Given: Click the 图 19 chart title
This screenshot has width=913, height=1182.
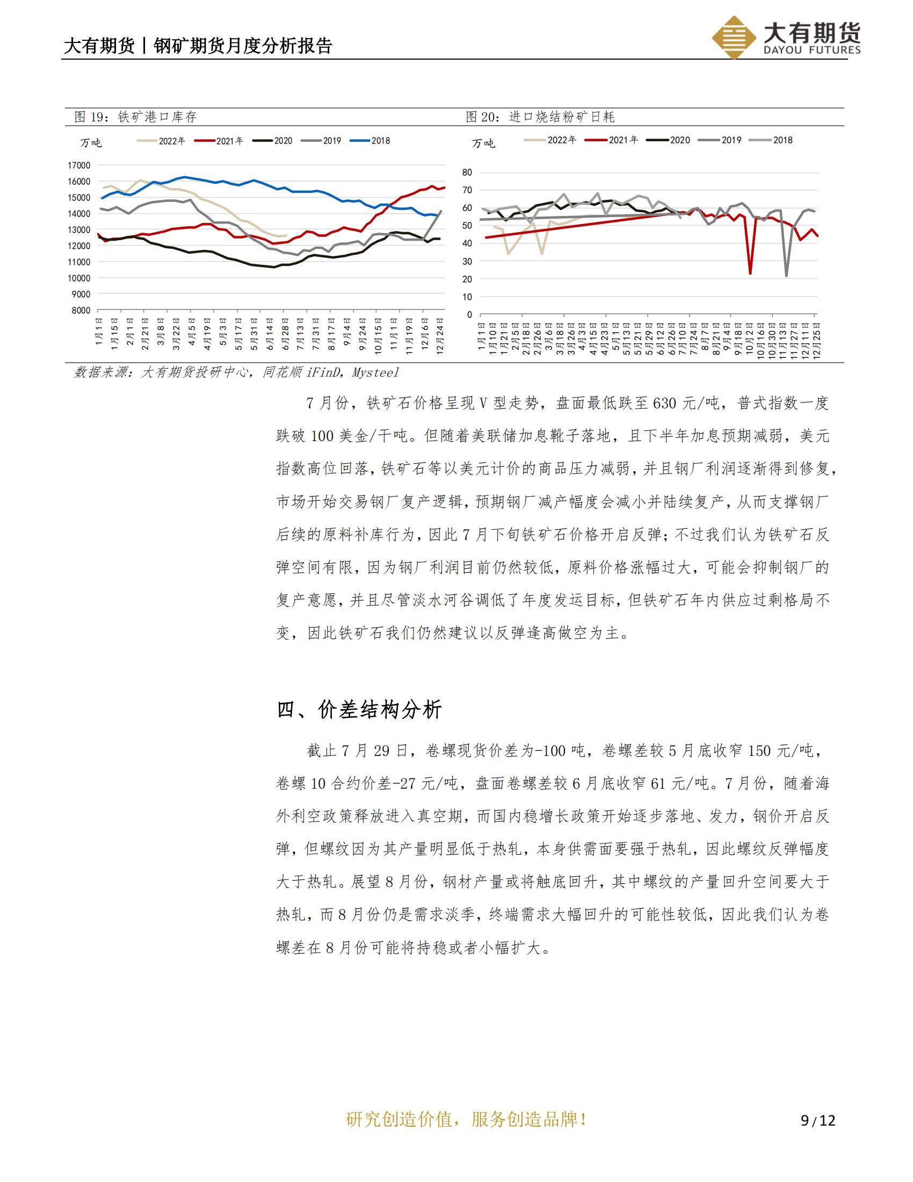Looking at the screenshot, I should pos(135,117).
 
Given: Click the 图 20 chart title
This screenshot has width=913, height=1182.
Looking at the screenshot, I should pos(540,117).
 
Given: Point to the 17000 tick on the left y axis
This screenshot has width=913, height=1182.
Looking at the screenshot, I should pos(79,165).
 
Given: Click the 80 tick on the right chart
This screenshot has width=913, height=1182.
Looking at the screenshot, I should pos(467,172).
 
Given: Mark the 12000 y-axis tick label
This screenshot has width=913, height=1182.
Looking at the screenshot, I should pos(79,246).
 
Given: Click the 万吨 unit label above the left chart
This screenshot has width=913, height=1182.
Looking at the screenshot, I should pos(91,143).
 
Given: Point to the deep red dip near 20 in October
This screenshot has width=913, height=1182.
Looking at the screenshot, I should pos(750,273).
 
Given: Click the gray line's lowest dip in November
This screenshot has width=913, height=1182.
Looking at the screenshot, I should pos(786,276).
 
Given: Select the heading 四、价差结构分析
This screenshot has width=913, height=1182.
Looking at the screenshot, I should pos(359,709).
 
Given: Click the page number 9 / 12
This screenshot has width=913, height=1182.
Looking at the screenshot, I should pos(818,1120).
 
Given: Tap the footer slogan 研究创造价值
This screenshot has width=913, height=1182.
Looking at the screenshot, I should pos(400,1119).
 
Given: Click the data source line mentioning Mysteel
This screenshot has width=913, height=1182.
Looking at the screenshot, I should pos(236,372).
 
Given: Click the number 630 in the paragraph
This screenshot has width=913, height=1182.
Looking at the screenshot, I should pos(665,403).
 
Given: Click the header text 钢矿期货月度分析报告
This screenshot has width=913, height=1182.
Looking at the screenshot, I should pos(243,46).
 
